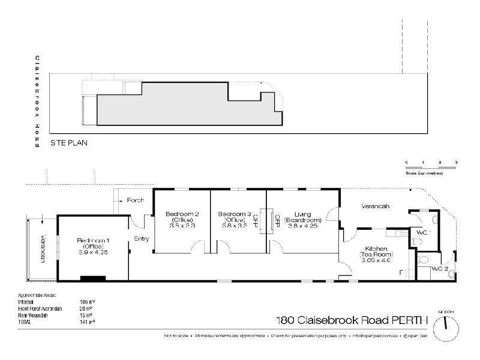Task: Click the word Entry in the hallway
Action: tap(142, 239)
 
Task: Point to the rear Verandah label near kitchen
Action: tap(376, 206)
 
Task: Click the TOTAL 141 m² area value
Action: tap(88, 322)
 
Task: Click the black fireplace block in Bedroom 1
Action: tap(93, 277)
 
